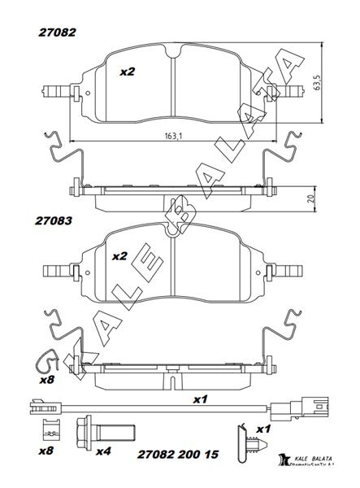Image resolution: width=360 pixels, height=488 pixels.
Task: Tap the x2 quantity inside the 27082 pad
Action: pyautogui.click(x=127, y=72)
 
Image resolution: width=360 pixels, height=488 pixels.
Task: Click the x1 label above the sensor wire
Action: pyautogui.click(x=200, y=399)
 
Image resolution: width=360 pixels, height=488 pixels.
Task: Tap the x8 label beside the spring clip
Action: pyautogui.click(x=47, y=379)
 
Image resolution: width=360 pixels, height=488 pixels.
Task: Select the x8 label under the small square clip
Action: pyautogui.click(x=47, y=450)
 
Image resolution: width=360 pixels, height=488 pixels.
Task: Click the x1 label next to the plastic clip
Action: pyautogui.click(x=262, y=429)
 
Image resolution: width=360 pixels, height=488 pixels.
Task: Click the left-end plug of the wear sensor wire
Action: pyautogui.click(x=36, y=404)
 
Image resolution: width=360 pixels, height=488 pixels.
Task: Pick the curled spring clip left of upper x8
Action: pyautogui.click(x=47, y=358)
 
